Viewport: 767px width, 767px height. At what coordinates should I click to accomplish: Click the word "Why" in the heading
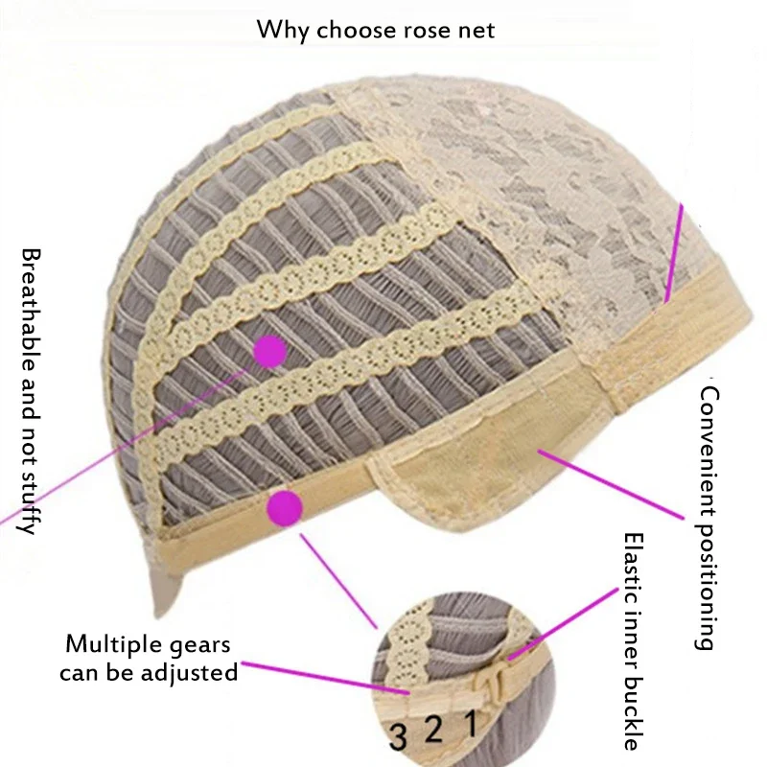point(283,31)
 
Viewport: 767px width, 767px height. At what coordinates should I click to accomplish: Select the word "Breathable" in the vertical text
point(31,313)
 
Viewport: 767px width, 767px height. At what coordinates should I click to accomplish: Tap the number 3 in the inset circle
point(398,737)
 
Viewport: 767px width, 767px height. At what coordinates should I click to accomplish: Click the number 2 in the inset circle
point(433,730)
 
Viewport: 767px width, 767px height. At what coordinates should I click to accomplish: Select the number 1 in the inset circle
point(471,723)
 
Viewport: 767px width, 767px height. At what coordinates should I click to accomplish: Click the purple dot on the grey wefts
point(270,351)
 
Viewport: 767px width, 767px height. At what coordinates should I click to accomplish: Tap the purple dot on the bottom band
point(285,509)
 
